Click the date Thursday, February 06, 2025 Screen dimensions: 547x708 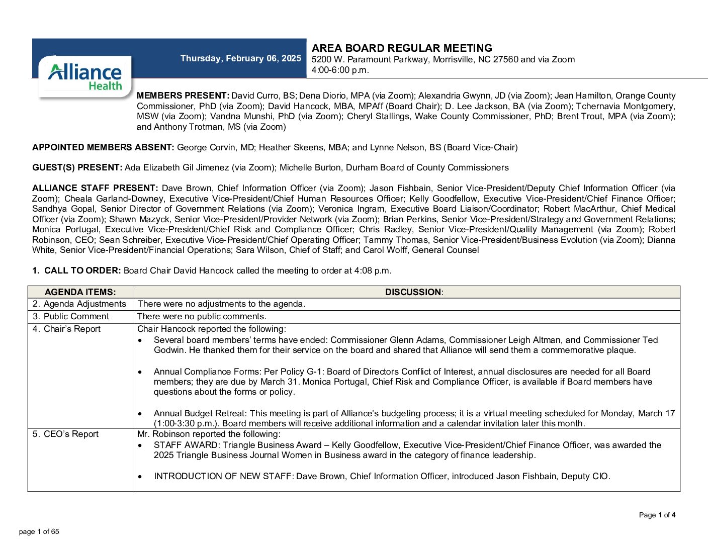tap(240, 58)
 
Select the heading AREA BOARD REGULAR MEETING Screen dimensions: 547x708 tap(402, 48)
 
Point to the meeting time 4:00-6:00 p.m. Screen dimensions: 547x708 tap(340, 70)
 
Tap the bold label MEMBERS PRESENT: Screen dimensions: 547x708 tap(183, 96)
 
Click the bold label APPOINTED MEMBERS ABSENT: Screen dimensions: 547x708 tap(103, 147)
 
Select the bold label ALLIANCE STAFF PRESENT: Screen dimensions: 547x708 tap(95, 188)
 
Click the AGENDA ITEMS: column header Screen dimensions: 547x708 tap(80, 292)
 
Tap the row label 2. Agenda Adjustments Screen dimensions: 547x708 tap(79, 304)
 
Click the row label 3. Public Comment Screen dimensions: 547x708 tap(71, 316)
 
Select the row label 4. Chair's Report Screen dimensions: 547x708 tap(66, 329)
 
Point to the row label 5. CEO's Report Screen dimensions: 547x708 tap(65, 434)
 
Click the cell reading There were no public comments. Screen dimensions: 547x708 tap(202, 316)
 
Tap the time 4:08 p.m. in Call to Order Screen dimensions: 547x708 tap(372, 270)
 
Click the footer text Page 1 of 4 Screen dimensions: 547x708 tap(657, 515)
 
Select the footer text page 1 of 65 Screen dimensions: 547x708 tap(39, 531)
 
